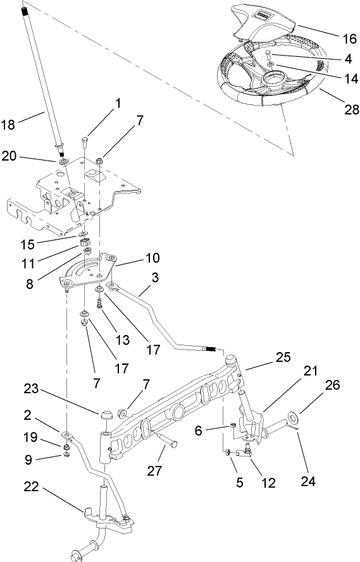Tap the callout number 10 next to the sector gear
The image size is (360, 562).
pos(152,258)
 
